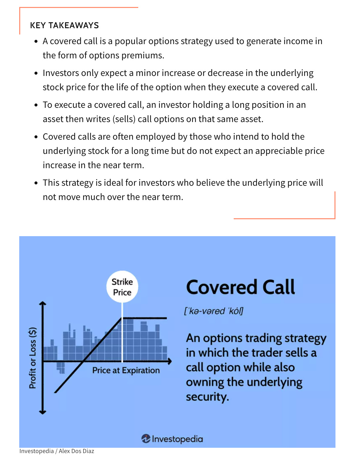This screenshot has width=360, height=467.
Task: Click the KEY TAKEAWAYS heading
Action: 64,26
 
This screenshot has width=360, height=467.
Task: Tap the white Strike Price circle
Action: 122,287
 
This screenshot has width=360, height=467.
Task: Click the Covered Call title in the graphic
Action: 240,287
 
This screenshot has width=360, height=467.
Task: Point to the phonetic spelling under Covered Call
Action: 214,311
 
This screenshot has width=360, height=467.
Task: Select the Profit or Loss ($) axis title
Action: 32,358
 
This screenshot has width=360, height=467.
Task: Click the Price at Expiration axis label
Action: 126,370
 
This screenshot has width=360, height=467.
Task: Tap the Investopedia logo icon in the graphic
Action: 146,438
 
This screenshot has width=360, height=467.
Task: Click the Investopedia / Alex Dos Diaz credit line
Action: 57,451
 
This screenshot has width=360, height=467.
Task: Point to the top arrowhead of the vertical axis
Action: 42,303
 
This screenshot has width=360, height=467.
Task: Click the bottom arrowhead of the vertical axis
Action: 42,412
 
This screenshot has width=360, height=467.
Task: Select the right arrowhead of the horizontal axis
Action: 170,361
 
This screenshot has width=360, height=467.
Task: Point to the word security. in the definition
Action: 207,397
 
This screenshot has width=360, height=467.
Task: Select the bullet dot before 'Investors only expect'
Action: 36,73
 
